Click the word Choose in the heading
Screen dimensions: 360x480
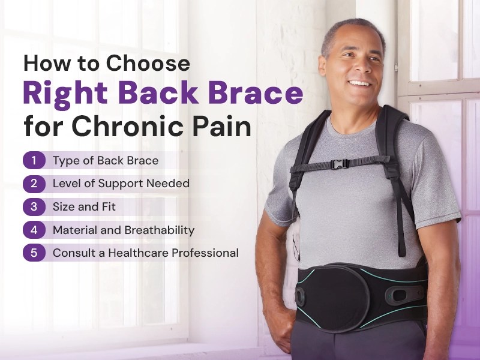[149, 64]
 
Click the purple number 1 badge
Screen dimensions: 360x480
[35, 160]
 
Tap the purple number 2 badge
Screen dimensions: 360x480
[35, 183]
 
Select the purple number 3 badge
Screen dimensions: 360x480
[35, 206]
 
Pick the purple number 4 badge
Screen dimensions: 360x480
[35, 230]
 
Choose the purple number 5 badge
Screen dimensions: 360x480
[35, 253]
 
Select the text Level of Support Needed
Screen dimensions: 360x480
[121, 183]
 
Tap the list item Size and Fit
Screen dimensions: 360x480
[84, 206]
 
